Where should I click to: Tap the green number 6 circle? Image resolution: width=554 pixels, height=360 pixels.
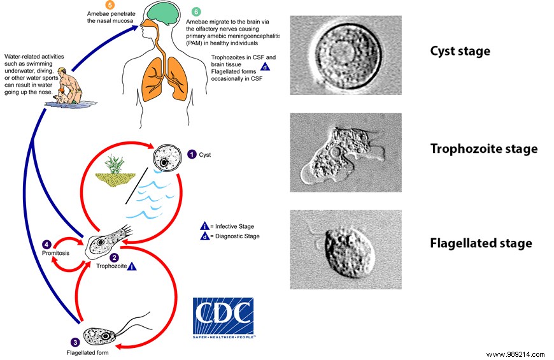[196, 12]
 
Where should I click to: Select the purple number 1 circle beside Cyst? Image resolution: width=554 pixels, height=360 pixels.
[192, 154]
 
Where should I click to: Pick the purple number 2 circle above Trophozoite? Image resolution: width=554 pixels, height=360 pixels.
[114, 258]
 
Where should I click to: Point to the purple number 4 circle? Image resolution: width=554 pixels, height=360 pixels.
[46, 244]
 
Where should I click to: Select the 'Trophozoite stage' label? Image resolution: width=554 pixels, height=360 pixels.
[484, 149]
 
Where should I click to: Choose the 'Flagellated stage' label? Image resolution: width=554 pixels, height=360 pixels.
[481, 243]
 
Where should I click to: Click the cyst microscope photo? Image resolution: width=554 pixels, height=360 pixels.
[345, 55]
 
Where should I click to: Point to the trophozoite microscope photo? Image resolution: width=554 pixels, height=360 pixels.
[345, 152]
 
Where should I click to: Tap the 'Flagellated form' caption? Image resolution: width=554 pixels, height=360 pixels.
[89, 352]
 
